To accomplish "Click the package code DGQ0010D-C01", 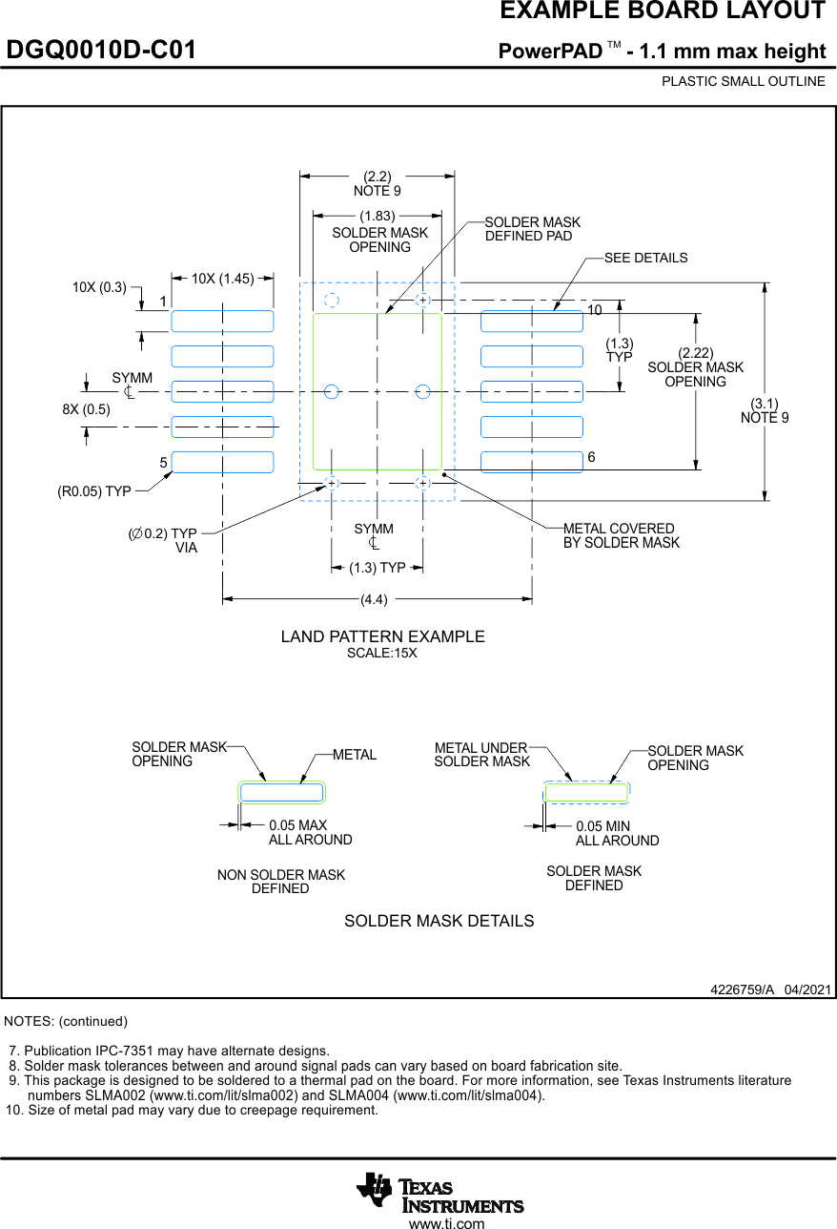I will click(101, 51).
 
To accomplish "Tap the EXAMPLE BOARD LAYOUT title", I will click(663, 11).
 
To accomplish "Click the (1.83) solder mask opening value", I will click(377, 217).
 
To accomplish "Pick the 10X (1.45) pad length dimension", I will click(222, 279).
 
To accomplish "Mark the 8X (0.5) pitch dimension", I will click(86, 409).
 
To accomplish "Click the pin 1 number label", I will click(163, 302).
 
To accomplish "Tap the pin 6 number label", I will click(592, 458).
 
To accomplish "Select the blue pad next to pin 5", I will click(222, 462).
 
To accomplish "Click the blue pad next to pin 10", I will click(531, 322).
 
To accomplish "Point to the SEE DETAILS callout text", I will click(645, 258).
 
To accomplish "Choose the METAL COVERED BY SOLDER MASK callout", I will click(621, 535).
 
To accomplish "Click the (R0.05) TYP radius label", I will click(93, 491).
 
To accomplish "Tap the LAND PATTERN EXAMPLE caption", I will click(382, 636).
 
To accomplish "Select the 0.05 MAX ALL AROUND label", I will click(310, 832).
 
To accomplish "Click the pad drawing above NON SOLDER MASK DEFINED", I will click(281, 792).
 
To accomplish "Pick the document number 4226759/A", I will click(742, 989).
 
